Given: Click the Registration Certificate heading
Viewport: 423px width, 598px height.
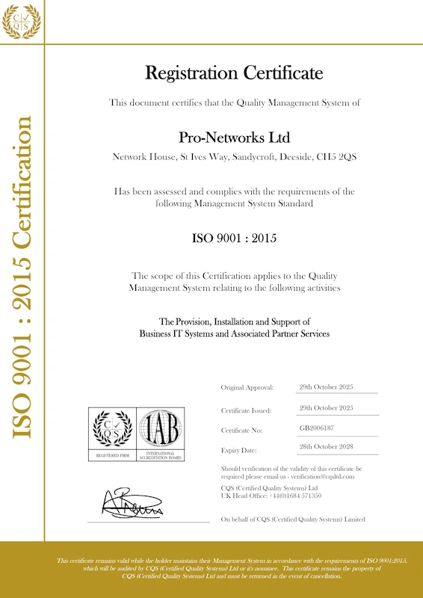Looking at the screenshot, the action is (234, 73).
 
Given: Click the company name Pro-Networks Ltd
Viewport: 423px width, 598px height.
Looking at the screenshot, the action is (234, 138).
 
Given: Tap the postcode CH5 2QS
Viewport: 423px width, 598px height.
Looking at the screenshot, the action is (337, 157).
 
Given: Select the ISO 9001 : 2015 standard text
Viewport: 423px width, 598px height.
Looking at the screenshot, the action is (234, 239).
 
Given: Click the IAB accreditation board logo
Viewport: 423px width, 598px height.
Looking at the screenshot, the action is (161, 434).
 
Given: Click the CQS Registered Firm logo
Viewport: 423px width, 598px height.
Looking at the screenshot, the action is (112, 434).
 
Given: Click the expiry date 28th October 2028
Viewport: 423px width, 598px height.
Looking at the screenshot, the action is (326, 447).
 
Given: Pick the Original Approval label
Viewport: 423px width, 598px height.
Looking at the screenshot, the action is (247, 387).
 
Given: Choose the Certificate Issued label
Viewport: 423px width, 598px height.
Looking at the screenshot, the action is (246, 410).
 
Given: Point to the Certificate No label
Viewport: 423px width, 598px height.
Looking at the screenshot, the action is (242, 431).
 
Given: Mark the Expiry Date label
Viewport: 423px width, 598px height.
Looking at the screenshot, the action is (238, 450).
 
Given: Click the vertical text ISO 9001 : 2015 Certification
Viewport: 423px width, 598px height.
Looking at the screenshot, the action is (22, 277).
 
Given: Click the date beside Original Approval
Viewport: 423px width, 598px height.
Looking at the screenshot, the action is (326, 386).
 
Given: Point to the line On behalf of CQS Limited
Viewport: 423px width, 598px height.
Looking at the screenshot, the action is (293, 519).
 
